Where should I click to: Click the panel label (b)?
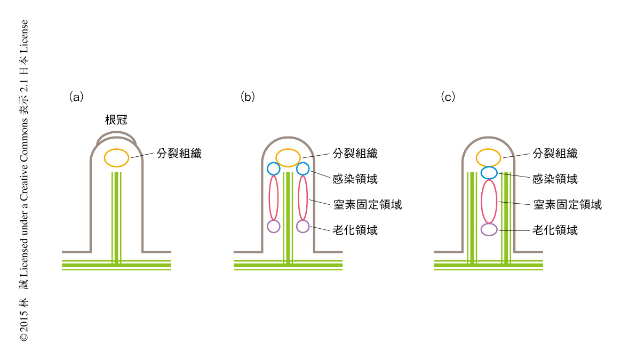248,97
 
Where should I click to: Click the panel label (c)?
448,97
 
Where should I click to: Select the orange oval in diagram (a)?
116,157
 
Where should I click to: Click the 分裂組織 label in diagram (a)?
179,154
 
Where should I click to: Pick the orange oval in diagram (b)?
289,158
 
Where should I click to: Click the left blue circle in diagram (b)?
274,169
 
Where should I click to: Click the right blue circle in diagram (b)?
302,169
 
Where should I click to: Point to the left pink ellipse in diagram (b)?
274,197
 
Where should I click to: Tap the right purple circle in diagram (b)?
302,226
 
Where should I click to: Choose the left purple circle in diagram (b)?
274,226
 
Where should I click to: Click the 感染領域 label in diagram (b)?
355,179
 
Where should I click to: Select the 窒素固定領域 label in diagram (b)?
367,204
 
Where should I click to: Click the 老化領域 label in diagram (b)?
355,230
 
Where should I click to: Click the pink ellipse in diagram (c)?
489,201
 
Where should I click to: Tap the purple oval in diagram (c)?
489,230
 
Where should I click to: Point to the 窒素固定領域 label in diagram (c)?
567,204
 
